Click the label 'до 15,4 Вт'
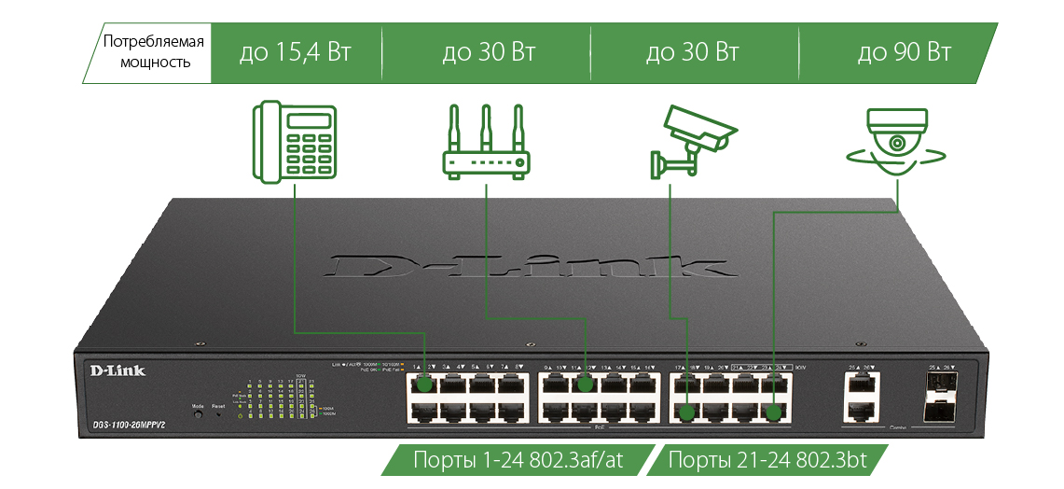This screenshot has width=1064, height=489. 296,51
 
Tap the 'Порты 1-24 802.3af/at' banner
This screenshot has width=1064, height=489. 518,461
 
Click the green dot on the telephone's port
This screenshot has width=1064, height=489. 425,384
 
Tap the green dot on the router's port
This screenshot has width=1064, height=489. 586,384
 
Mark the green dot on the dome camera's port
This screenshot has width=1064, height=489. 773,411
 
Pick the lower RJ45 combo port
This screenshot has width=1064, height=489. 860,410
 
